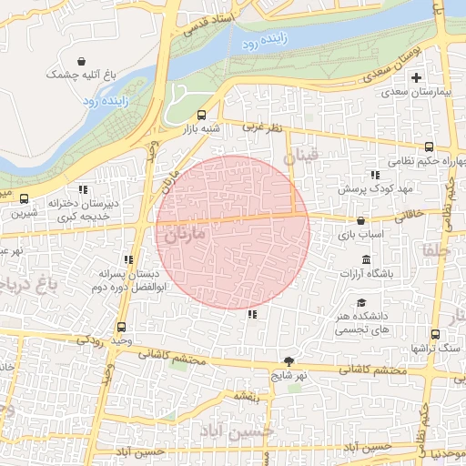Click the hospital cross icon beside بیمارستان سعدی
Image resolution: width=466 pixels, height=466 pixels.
tap(417, 78)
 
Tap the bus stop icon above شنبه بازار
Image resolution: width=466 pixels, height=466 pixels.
tap(201, 116)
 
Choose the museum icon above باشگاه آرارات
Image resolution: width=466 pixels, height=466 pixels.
tap(366, 261)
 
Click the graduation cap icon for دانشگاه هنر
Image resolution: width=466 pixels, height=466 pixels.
tap(361, 303)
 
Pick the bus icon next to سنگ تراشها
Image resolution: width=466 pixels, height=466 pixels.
tap(434, 334)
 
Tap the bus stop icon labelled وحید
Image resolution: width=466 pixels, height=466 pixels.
tap(121, 328)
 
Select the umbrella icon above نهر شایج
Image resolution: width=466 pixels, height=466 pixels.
tap(289, 360)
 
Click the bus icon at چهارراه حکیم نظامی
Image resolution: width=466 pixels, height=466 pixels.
tap(429, 147)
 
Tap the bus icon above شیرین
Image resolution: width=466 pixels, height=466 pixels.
tap(24, 198)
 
